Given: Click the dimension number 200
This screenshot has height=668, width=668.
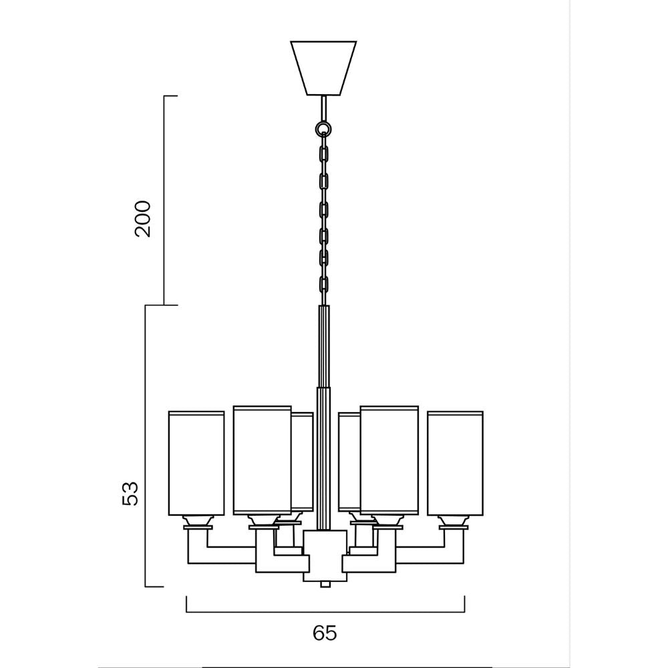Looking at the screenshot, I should point(143,218).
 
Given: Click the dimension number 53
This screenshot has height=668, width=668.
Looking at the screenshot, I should point(131,493).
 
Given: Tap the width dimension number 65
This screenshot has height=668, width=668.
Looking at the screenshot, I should point(325,633).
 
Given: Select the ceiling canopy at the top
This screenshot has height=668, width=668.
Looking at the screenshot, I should point(323,67).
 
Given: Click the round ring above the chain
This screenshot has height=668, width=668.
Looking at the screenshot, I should point(323,128).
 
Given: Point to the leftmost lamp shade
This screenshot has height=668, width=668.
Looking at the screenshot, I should point(196,464).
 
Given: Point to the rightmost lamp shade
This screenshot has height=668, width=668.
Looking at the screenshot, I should point(455,464).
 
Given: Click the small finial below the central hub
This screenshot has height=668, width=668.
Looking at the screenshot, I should point(325,584).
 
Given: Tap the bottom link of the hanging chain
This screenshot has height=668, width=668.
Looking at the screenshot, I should point(324,284).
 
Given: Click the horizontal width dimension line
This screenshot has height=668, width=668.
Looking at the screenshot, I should point(325,611).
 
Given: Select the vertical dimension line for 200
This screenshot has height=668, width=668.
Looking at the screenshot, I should point(164,200).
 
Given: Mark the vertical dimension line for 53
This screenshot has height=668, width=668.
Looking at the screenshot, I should point(146,446).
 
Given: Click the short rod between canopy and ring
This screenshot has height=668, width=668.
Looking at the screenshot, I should point(323,108).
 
